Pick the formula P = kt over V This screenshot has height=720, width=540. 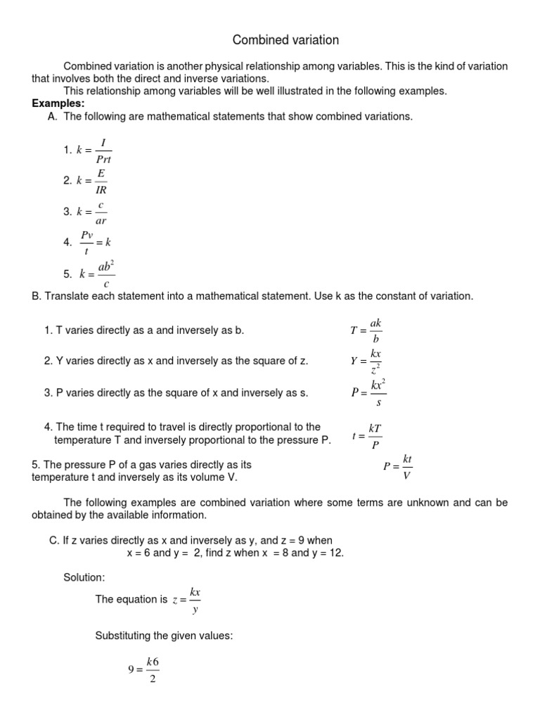399,465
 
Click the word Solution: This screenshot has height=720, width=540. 84,577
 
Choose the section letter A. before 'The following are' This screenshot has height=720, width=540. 53,116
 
